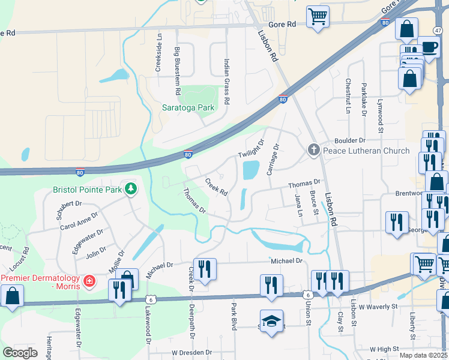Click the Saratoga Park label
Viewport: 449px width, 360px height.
tap(188, 108)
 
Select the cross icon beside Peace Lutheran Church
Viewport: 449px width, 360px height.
tap(313, 151)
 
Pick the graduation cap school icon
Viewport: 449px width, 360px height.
tap(271, 320)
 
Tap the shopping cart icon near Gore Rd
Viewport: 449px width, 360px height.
tap(318, 16)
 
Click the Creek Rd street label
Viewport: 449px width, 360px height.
tap(216, 187)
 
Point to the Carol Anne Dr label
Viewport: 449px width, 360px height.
tap(79, 221)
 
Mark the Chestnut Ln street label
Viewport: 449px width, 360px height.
tap(348, 96)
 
